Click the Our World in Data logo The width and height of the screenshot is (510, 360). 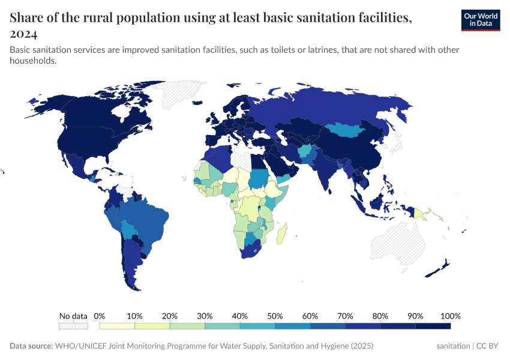coord(480,20)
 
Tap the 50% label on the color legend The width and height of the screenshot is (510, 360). coord(275,316)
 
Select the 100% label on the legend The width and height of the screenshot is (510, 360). coord(450,316)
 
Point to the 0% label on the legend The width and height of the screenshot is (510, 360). coord(100,316)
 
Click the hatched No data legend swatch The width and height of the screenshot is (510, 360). coord(73,326)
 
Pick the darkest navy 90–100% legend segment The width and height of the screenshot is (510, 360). coord(433,326)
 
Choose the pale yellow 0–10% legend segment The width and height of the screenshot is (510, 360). coord(117,326)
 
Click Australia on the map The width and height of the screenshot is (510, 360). coord(397,243)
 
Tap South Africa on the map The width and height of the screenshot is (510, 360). coord(250,253)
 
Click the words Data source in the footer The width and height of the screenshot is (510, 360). coord(31,346)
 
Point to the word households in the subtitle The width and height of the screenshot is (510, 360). coord(33,61)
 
